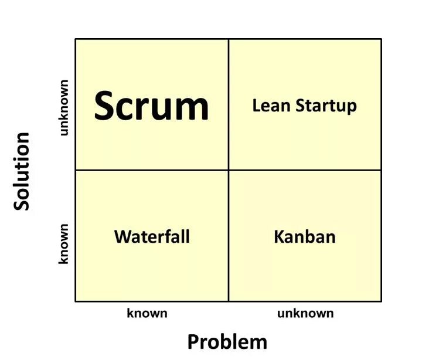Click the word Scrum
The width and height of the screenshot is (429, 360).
[x=151, y=107]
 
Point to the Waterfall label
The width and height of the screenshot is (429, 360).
[x=152, y=237]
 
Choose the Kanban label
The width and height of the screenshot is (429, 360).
[x=305, y=237]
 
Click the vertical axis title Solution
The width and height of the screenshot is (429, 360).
[x=22, y=171]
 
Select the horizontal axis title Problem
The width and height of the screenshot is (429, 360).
[x=227, y=341]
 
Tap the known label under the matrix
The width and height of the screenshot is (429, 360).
[x=147, y=313]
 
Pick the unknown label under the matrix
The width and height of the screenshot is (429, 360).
[x=305, y=313]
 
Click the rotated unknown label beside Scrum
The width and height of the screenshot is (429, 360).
[x=64, y=107]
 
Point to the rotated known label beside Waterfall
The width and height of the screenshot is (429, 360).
[x=64, y=243]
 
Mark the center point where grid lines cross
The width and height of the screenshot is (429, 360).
[x=229, y=170]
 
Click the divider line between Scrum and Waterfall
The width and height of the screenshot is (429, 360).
[x=152, y=170]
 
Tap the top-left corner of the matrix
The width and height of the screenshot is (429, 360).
[x=76, y=39]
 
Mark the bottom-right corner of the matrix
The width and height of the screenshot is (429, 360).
[x=381, y=301]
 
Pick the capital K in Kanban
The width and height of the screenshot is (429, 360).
[x=280, y=237]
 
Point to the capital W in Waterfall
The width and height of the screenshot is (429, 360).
[x=122, y=237]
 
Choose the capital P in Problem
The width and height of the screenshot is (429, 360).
[x=193, y=341]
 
